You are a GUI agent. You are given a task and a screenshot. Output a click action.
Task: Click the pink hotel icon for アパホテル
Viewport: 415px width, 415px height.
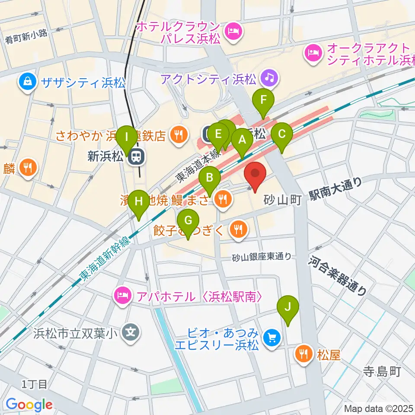point(121,297)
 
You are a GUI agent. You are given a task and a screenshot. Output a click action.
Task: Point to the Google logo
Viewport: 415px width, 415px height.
point(29,405)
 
